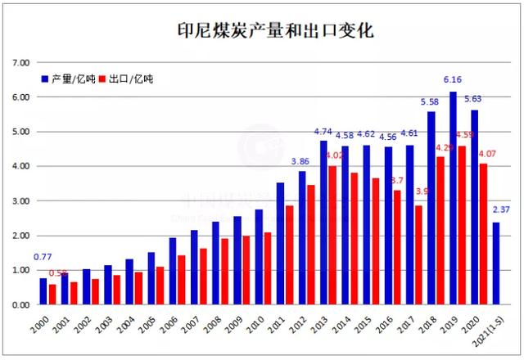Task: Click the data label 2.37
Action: pos(500,210)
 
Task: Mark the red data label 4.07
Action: pos(486,153)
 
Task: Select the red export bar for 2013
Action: pos(332,236)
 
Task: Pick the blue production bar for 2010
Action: pos(259,257)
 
